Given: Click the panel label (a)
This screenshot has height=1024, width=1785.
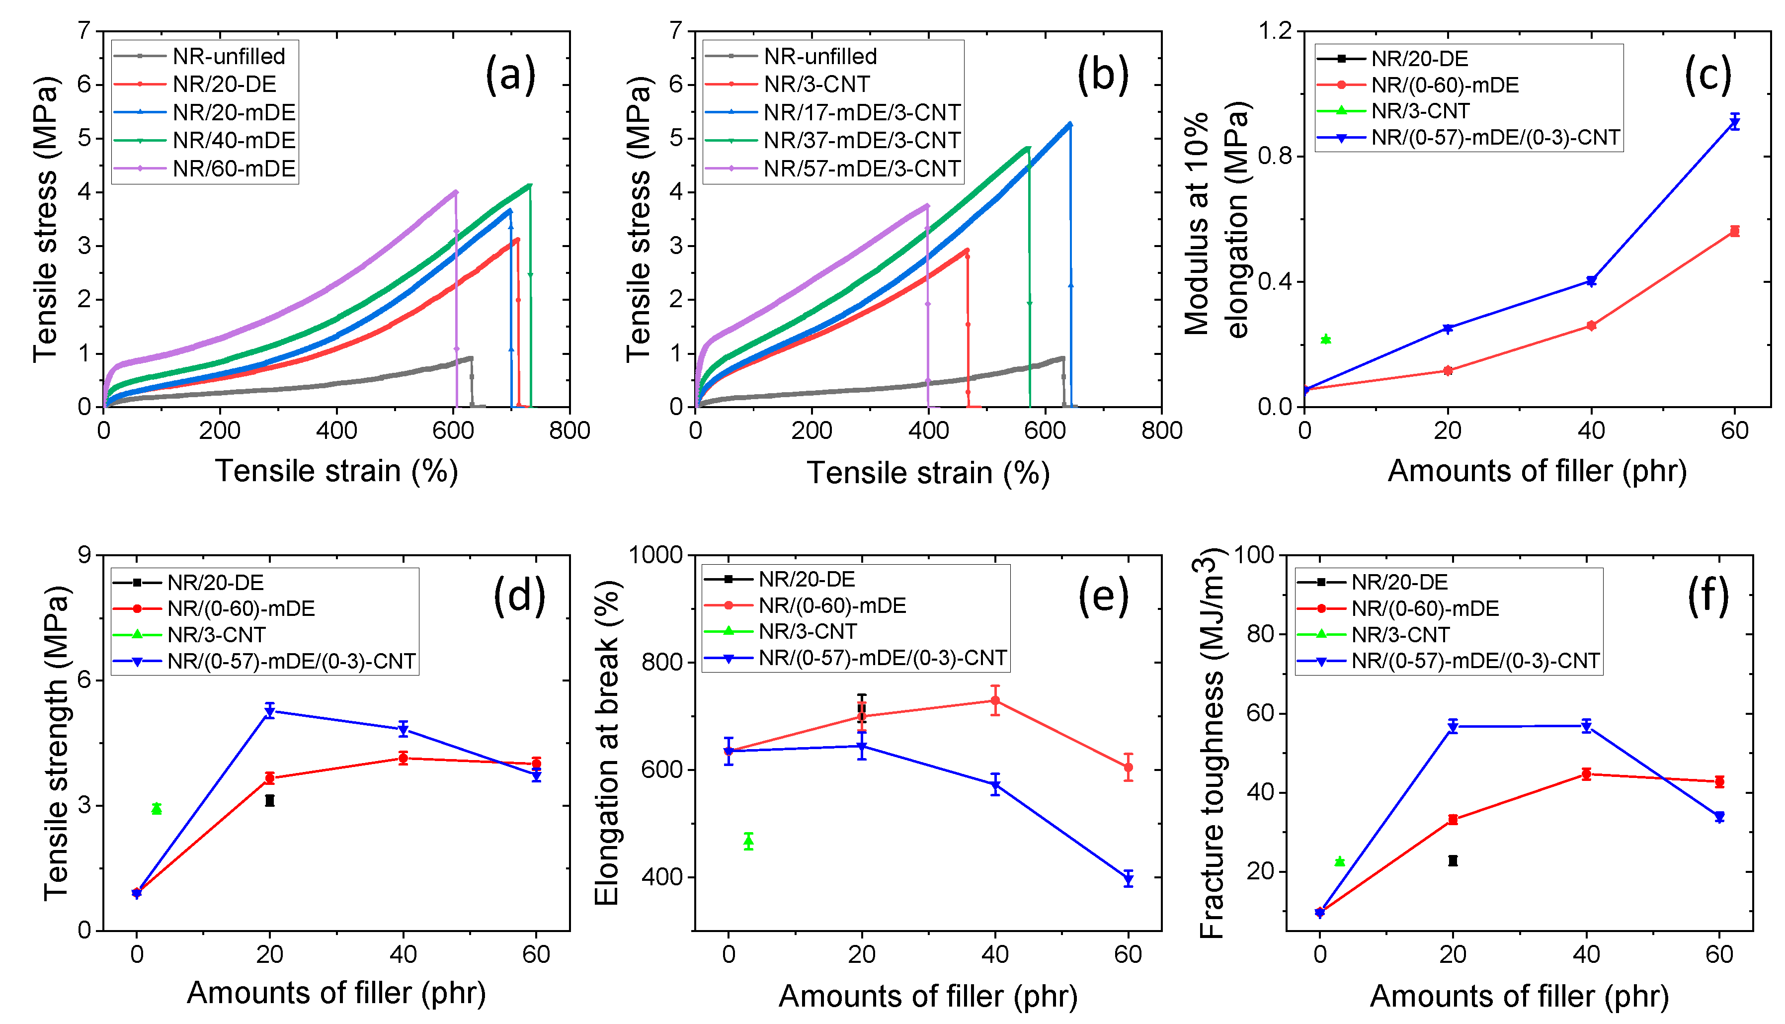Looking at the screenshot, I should [x=510, y=75].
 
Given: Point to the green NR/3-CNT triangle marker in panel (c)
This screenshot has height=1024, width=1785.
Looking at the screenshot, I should [x=1326, y=339].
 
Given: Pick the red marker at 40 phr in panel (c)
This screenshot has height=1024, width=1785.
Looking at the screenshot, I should [x=1591, y=326].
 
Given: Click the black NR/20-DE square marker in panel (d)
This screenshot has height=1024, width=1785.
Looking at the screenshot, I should [x=269, y=800].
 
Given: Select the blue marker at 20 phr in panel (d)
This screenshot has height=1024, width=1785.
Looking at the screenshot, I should [x=269, y=711].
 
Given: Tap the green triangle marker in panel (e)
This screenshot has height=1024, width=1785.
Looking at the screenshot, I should [x=749, y=841].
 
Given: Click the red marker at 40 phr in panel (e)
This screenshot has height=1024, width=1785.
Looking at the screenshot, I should [x=995, y=700].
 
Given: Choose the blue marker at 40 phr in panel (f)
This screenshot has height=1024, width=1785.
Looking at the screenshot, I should [x=1586, y=727].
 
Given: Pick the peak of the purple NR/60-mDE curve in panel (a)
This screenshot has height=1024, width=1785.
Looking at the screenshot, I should [x=456, y=191].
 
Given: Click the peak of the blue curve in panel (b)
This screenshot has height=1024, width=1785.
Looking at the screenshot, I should [x=1069, y=124].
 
